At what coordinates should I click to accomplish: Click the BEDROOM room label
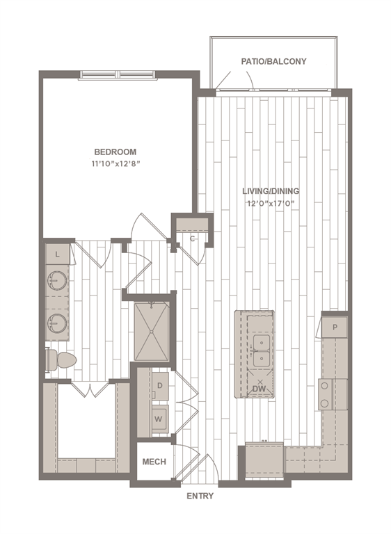point(115,152)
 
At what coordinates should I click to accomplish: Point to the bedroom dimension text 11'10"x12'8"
point(116,164)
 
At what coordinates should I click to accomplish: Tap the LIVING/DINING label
point(271,191)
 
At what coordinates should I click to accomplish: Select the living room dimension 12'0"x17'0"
point(271,204)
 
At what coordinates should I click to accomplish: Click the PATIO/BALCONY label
point(273,61)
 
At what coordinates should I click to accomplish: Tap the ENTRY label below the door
point(200,496)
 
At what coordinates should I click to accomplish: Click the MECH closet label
point(154,462)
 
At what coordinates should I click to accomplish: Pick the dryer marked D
point(160,386)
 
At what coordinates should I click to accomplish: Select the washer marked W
point(159,419)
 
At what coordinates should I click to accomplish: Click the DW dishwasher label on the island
point(260,389)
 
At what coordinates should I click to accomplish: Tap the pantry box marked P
point(335,327)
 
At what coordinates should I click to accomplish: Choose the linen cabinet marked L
point(57,254)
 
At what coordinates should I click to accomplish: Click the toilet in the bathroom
point(61,359)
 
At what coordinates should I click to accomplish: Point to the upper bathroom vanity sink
point(57,280)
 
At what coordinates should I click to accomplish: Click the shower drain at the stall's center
point(152,332)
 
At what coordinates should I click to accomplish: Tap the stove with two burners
point(333,394)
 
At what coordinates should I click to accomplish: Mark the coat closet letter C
point(192,238)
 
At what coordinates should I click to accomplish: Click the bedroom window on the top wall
point(118,75)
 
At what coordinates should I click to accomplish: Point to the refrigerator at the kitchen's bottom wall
point(264,460)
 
